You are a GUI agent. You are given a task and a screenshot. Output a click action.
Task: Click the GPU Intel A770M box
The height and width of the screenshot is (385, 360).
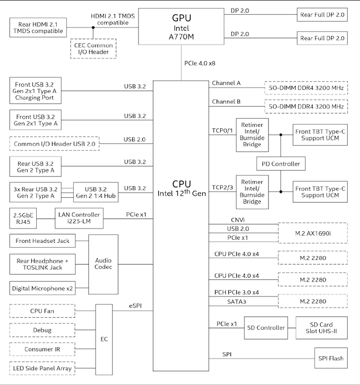(181, 27)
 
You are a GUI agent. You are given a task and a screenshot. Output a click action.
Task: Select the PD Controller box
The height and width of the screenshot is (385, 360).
(281, 164)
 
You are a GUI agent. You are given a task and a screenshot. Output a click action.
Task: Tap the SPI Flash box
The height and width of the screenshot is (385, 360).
(331, 358)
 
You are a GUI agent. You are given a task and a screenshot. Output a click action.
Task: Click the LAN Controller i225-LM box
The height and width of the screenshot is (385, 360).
(79, 218)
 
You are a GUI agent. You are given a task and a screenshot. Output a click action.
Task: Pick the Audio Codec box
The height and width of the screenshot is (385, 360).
(104, 264)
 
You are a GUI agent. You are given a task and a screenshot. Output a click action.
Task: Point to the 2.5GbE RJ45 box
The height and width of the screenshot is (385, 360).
(23, 218)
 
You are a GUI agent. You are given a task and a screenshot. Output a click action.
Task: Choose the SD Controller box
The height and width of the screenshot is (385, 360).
(266, 328)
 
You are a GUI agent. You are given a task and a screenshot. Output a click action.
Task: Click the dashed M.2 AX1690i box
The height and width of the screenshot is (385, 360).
(313, 233)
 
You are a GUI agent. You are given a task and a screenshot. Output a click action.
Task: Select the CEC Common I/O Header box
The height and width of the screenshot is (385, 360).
(93, 49)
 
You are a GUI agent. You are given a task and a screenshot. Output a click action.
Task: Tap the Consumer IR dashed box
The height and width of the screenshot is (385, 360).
(42, 349)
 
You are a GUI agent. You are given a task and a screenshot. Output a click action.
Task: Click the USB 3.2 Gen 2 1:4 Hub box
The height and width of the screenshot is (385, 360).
(96, 192)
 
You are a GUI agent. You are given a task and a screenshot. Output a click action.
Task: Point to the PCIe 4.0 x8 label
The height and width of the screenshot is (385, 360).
(200, 63)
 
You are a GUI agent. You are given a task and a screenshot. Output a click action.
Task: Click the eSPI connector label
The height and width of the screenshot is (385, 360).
(135, 306)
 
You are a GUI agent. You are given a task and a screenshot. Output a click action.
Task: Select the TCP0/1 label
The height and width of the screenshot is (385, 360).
(222, 130)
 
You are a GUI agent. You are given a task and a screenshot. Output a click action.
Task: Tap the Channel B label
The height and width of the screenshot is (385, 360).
(226, 102)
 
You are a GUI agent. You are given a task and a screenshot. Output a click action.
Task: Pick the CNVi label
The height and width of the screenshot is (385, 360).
(238, 220)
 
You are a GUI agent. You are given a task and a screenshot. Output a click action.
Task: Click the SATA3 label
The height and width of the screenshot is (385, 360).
(237, 302)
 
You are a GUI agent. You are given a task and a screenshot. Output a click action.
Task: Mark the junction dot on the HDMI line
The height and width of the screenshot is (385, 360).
(93, 28)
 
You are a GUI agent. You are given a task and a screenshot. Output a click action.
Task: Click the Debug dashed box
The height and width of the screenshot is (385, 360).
(42, 330)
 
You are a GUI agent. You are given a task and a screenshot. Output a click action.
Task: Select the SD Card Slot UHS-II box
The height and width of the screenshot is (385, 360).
(322, 328)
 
